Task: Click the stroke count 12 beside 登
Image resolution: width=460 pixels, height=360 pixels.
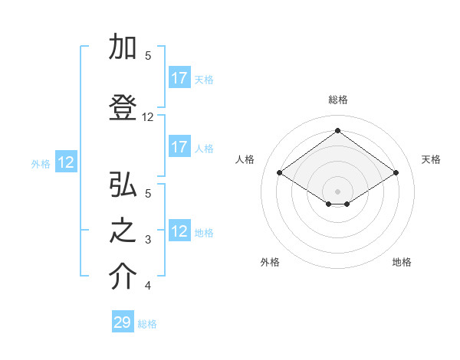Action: pos(148,117)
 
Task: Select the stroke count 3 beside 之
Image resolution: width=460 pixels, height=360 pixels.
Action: pos(148,240)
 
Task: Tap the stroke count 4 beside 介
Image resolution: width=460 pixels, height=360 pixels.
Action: pos(148,286)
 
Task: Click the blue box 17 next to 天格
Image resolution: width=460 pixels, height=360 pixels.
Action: pos(179,78)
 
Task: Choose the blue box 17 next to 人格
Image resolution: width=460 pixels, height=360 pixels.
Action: pos(179,147)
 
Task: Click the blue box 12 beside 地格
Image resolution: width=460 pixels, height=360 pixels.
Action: pos(179,231)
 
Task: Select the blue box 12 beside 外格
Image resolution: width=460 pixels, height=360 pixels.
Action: pos(66,162)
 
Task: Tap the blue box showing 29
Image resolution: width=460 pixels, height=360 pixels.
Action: pos(123,322)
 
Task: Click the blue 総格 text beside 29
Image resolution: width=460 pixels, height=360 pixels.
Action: pos(147,324)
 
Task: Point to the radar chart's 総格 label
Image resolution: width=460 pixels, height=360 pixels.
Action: pos(337,100)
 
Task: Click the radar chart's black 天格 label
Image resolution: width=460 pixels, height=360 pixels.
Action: pos(431,159)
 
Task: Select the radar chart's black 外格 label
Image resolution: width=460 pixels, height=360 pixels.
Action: pos(270,262)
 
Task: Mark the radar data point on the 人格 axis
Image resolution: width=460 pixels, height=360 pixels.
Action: pos(280,173)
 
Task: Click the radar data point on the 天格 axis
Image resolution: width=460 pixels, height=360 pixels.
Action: pos(396,173)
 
